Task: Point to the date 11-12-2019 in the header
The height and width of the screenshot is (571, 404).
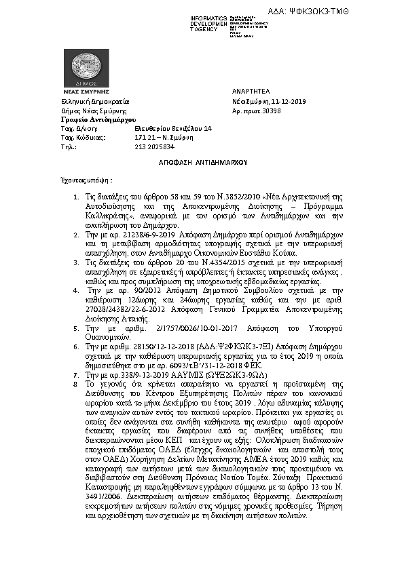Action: (x=288, y=100)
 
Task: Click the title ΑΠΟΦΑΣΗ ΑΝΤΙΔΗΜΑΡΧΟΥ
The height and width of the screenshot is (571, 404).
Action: (x=201, y=163)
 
